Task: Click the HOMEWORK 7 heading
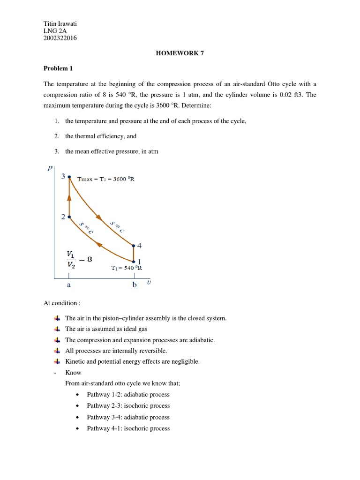pos(180,53)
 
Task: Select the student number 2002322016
pos(60,38)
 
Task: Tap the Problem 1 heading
pos(58,68)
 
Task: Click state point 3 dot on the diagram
pos(69,177)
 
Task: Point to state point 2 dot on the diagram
pos(69,217)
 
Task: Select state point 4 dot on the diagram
pos(134,246)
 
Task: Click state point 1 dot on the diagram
pos(134,262)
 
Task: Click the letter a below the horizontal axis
pos(69,285)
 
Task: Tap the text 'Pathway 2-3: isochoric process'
pos(128,406)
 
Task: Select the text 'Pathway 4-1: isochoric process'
pos(128,428)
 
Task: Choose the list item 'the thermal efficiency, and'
pos(101,136)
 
